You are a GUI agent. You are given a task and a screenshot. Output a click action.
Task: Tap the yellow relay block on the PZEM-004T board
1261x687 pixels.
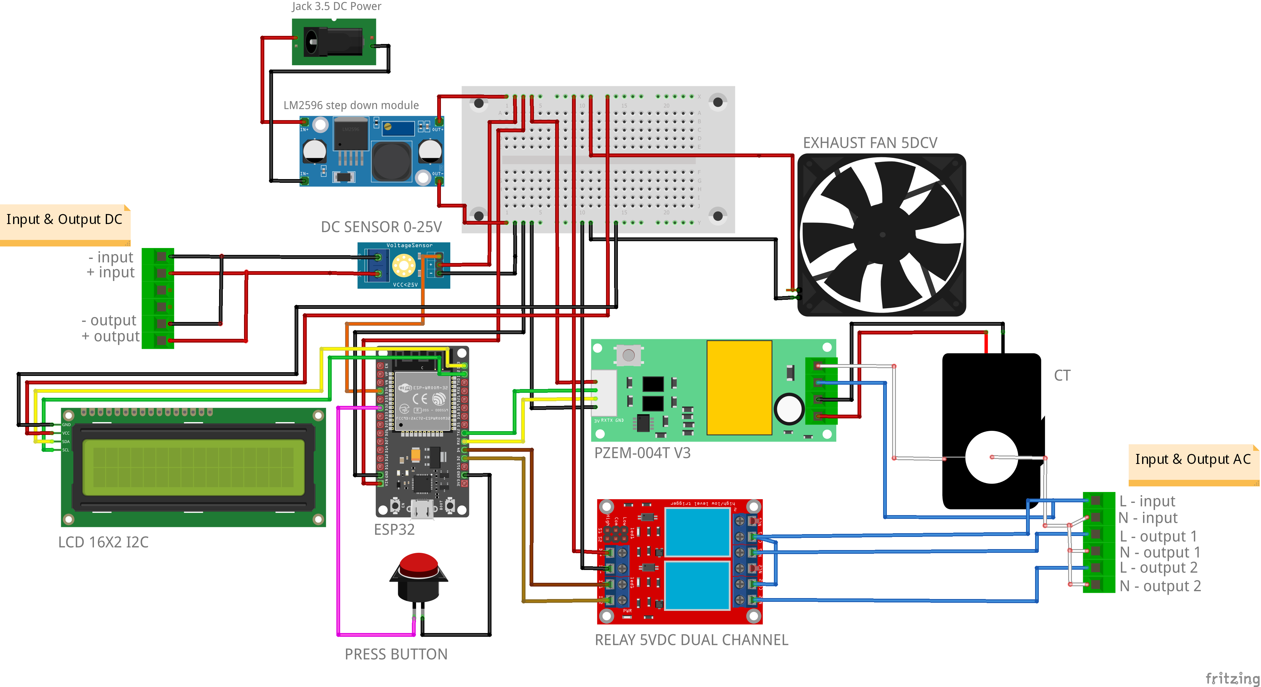coord(739,387)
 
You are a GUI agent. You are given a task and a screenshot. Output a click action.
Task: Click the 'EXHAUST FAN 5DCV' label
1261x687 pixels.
coord(870,143)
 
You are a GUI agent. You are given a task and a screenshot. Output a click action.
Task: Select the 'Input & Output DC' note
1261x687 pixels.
coord(64,220)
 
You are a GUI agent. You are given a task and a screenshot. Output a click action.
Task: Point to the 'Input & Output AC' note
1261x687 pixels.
coord(1192,460)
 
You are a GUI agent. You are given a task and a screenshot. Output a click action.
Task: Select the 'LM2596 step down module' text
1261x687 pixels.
coord(351,105)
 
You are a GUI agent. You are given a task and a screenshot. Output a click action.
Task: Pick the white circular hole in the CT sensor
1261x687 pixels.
coord(991,457)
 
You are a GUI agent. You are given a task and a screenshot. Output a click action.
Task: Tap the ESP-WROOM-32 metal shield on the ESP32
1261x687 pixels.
coord(422,401)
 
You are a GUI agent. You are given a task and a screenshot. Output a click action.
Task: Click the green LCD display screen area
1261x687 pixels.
coord(193,467)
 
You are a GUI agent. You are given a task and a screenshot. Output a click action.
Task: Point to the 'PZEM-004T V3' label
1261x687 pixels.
coord(642,453)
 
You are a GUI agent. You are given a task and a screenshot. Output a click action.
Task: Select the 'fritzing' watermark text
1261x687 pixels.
coord(1232,678)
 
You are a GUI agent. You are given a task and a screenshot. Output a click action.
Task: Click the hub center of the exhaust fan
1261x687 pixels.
coord(882,235)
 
